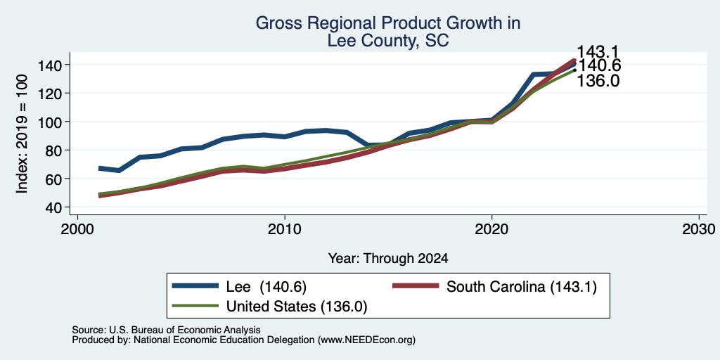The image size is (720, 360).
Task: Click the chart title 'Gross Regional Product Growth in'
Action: pos(388,23)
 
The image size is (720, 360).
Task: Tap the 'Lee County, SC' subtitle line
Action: pos(388,41)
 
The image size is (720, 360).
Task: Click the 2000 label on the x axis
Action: pos(77,229)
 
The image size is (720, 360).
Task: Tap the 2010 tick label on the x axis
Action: pos(285,229)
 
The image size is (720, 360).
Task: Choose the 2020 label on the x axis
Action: pos(491,229)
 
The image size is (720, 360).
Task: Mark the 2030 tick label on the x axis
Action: pos(698,229)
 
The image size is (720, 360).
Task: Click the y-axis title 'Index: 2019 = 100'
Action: pos(22,134)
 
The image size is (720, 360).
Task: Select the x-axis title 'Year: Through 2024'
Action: pos(388,259)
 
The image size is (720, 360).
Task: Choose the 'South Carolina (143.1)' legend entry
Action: pos(522,287)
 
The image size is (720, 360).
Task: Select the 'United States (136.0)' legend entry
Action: pos(297,307)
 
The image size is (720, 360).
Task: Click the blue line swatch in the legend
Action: pos(195,285)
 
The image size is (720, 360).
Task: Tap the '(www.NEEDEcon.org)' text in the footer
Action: pos(366,340)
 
